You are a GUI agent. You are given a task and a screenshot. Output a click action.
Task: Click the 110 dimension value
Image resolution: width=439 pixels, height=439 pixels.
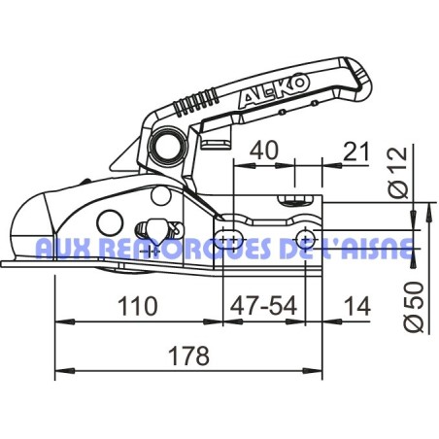coord(139,307)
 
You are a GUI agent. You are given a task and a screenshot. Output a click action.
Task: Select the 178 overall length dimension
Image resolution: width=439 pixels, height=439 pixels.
coord(187,356)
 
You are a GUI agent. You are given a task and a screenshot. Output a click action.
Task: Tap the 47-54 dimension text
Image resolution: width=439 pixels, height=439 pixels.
coord(262,307)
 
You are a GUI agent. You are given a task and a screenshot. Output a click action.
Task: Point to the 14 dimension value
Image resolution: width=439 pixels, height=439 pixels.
coord(356,307)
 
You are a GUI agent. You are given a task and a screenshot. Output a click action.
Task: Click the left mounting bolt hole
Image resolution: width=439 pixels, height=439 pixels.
coord(230,238)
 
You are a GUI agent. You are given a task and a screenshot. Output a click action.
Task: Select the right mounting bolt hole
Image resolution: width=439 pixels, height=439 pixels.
coord(307,238)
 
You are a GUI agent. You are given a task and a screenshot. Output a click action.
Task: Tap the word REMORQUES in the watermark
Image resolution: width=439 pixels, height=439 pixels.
coord(181,250)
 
